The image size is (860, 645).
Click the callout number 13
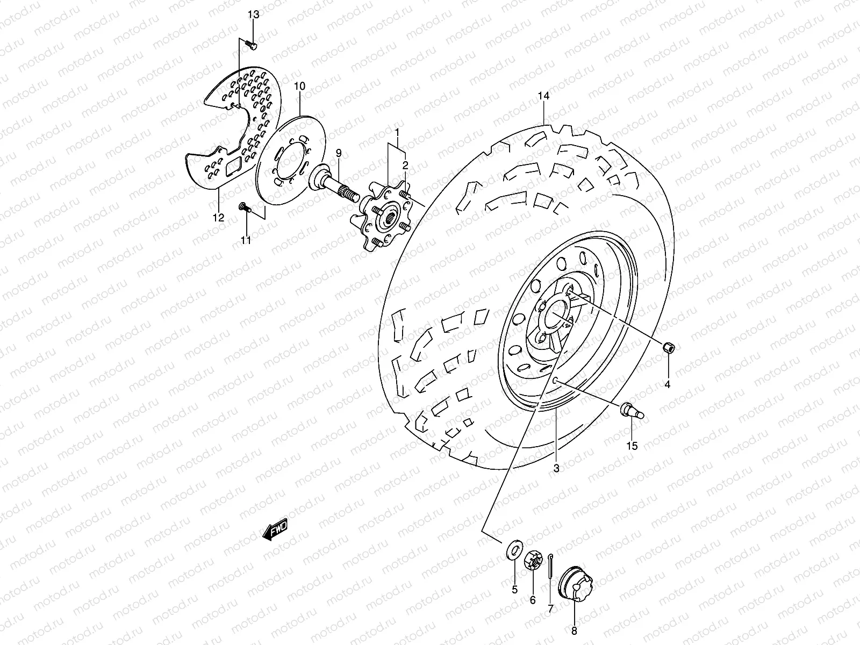253,15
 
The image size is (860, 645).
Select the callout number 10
300,86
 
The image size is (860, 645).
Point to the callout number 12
218,218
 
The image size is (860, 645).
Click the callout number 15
632,446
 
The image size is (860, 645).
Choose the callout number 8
574,631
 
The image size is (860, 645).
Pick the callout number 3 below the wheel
556,468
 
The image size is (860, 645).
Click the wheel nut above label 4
667,348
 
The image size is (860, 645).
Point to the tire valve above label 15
633,411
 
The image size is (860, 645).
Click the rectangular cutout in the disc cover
233,167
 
